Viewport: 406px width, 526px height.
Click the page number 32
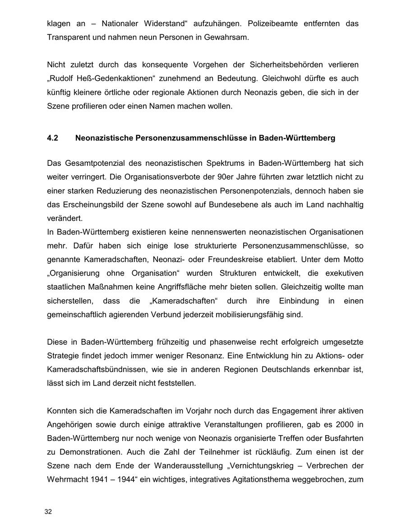tap(48, 512)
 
